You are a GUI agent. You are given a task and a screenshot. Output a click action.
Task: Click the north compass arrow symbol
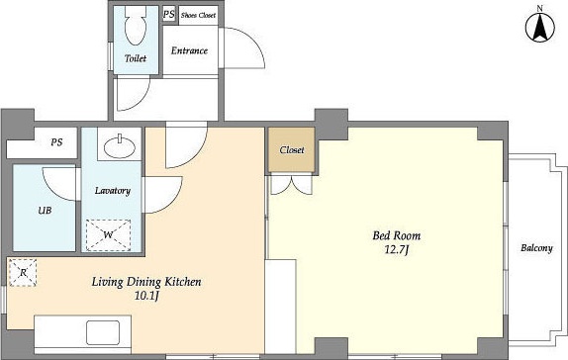pos(540,28)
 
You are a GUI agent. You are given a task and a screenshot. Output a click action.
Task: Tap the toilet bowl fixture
pos(136,26)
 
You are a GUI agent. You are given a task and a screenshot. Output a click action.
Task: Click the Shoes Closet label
pos(199,15)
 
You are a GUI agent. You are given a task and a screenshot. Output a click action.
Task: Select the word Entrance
pos(189,50)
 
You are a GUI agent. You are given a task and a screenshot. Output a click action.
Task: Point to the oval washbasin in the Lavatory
pos(120,146)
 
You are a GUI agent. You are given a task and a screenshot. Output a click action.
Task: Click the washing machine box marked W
pos(108,235)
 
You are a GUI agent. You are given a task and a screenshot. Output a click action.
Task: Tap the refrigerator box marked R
pos(23,272)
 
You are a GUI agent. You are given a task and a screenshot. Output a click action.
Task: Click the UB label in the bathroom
pos(45,210)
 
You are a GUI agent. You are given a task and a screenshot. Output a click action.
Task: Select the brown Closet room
pos(292,149)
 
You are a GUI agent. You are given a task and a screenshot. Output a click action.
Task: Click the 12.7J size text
pos(396,249)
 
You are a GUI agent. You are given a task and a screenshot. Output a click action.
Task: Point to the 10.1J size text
pos(146,296)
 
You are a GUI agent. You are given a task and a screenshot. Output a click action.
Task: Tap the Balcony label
pos(537,248)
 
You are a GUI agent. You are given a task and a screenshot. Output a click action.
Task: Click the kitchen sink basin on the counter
pos(103,332)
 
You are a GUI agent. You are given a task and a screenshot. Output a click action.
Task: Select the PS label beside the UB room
pos(56,142)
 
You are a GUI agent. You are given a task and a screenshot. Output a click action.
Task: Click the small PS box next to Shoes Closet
pos(169,15)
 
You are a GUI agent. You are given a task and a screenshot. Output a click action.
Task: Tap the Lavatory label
pos(113,191)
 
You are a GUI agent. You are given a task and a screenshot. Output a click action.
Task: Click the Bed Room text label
pos(397,235)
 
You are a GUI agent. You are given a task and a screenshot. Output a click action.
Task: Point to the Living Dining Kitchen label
pos(146,282)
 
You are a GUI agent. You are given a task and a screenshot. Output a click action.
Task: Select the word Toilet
pos(136,58)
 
